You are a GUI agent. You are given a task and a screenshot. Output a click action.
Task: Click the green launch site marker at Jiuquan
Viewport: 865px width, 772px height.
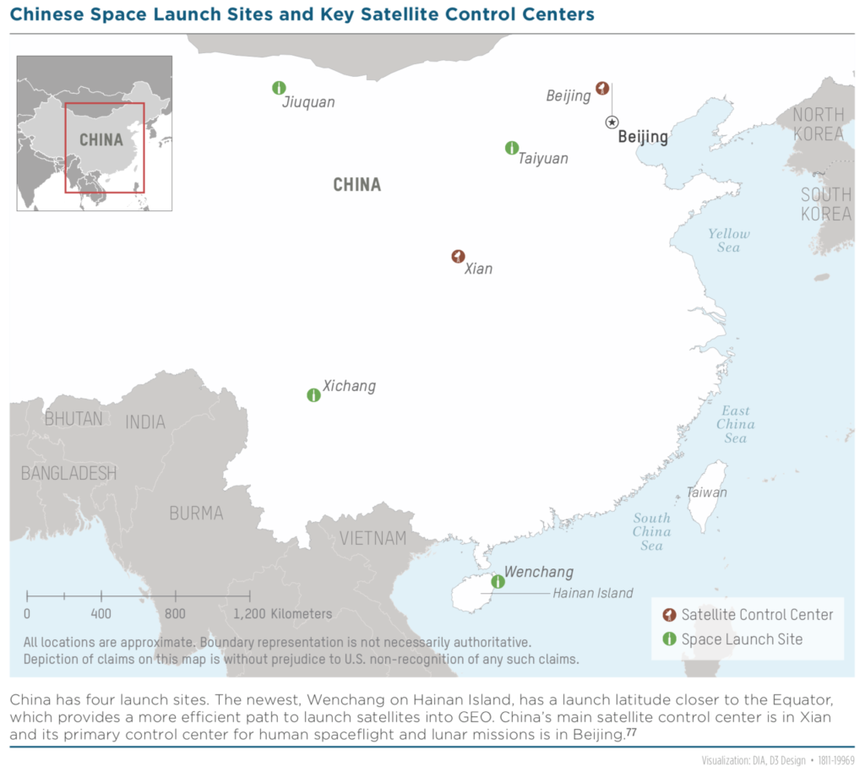coord(280,88)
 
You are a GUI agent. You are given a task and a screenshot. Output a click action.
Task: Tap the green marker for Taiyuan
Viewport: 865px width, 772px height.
coord(511,148)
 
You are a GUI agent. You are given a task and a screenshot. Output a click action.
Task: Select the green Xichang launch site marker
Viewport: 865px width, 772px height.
coord(313,394)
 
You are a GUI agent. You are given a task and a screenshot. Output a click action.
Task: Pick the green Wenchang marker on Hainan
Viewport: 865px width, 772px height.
coord(498,581)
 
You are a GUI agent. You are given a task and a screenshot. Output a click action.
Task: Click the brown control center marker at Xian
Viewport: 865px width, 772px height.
coord(458,256)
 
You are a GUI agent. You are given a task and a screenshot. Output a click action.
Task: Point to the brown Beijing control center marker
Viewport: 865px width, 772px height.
coord(602,87)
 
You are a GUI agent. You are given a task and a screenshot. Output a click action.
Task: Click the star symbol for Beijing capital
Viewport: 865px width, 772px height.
coord(612,122)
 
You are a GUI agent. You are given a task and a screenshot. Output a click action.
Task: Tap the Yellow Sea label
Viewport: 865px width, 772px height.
coord(728,241)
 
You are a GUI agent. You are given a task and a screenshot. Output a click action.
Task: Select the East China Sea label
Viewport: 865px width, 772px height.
coord(735,424)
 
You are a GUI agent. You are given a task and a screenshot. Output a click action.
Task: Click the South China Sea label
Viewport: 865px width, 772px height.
coord(651,531)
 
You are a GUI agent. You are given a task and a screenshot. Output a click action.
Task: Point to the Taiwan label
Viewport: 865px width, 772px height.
coord(707,492)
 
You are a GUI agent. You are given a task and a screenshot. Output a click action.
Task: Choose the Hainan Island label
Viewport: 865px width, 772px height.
coord(592,593)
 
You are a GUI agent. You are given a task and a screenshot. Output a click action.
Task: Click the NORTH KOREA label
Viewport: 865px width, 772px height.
coord(818,124)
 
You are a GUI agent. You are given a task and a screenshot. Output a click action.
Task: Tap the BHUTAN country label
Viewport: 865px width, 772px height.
coord(73,418)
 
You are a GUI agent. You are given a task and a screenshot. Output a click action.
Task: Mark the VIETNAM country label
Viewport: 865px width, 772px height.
coord(373,538)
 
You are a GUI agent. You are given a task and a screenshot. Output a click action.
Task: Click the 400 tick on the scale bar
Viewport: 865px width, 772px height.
coord(101,596)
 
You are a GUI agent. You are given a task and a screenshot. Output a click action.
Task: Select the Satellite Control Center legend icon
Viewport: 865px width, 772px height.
coord(669,615)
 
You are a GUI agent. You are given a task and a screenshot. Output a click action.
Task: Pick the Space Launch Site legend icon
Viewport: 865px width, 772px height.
coord(669,639)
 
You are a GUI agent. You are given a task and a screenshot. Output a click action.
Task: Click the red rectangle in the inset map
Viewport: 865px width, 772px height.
coord(105,148)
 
